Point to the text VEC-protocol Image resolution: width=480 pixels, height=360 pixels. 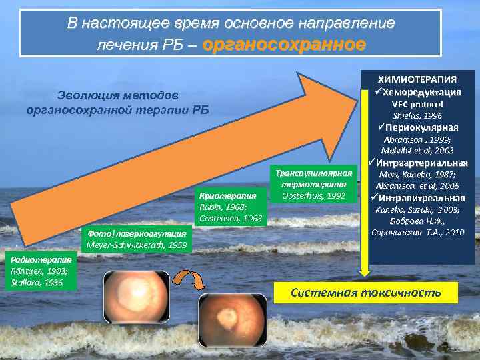[418, 104]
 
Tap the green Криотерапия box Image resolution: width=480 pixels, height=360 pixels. [231, 207]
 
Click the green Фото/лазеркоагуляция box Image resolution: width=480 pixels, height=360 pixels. [136, 239]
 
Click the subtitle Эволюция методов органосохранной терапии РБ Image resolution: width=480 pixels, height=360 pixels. [117, 103]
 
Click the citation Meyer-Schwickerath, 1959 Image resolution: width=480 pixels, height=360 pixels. [136, 245]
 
